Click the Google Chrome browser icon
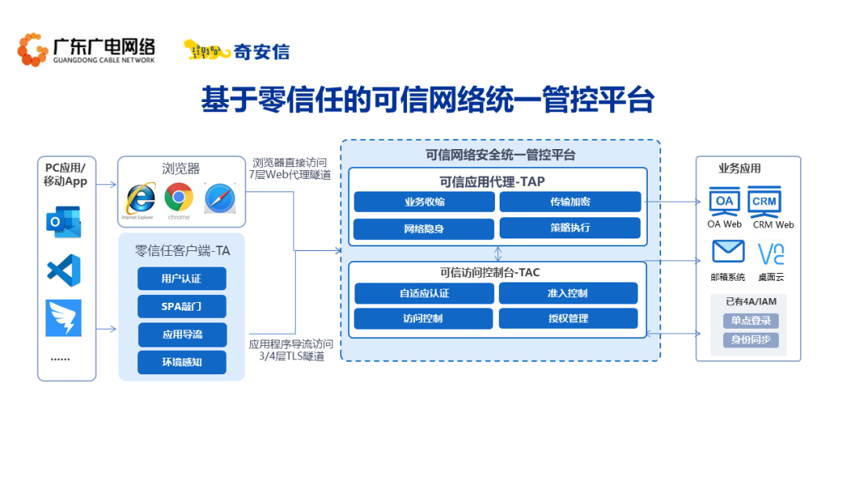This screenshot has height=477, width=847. coord(179,197)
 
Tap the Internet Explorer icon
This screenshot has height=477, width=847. coord(140,198)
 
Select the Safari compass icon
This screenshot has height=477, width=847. coord(220,198)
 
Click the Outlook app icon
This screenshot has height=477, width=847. coord(64,221)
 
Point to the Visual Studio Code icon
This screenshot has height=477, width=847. coord(64,270)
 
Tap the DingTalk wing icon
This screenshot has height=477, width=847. coord(64,318)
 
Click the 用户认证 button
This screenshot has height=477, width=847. coord(181,279)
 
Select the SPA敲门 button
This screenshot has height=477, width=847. coord(181,306)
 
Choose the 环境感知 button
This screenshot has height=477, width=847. coord(181,362)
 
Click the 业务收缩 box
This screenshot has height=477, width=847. coord(424,202)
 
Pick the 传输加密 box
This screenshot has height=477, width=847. coord(570,202)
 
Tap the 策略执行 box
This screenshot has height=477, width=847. coord(570,228)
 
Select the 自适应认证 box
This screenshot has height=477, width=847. coord(424,293)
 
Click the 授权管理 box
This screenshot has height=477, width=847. coord(569,319)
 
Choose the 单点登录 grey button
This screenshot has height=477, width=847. coord(751,321)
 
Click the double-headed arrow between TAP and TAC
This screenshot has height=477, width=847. coord(498,254)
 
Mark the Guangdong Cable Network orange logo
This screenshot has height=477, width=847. coord(32,49)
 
